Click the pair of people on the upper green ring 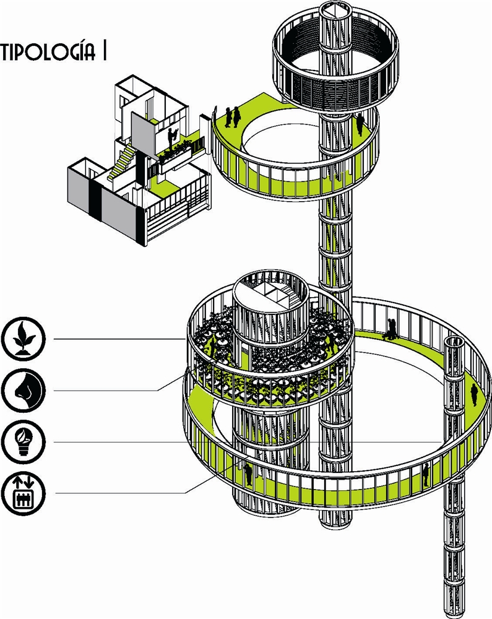coord(233,116)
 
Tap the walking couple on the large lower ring coord(391,329)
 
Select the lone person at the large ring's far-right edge coord(474,394)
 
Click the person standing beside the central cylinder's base coord(248,474)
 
